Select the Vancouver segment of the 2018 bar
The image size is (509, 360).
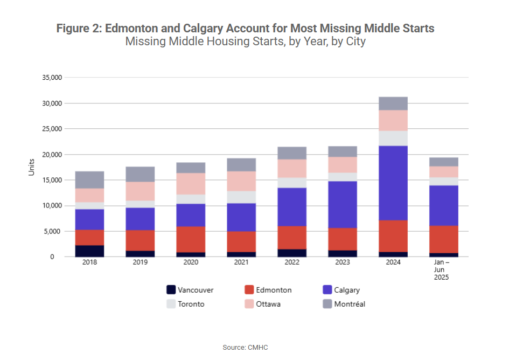click(x=89, y=251)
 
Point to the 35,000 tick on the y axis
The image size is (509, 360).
click(x=52, y=78)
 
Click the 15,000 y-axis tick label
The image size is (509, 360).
click(x=52, y=180)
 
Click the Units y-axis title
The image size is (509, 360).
click(x=31, y=167)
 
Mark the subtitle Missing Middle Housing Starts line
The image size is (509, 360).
click(x=245, y=41)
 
